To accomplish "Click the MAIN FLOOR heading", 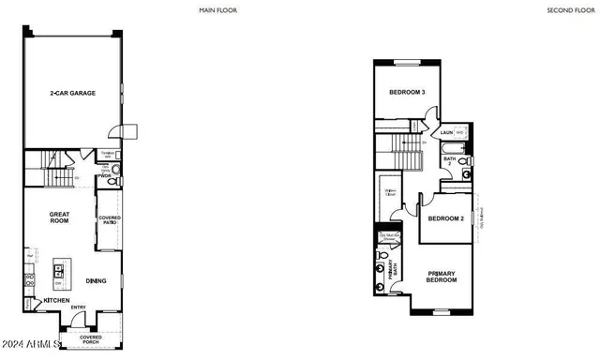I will click(x=218, y=10).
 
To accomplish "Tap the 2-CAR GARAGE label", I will click(x=70, y=94).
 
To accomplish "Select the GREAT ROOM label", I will click(x=60, y=217).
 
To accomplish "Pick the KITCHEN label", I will click(x=56, y=301).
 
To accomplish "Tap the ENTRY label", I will click(x=78, y=307).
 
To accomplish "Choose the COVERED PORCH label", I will click(x=90, y=339).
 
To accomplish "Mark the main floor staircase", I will click(x=56, y=174).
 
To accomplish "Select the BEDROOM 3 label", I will click(x=408, y=93).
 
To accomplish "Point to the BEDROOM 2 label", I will click(x=446, y=218).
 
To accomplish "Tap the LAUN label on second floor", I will click(x=447, y=133).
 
